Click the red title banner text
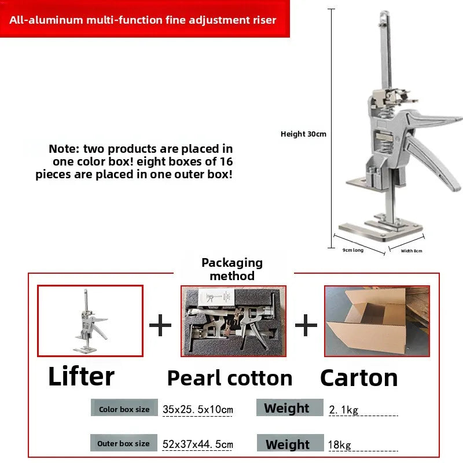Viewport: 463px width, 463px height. [142, 20]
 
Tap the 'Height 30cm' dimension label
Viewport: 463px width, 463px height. [303, 134]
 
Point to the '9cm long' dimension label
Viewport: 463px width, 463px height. [353, 250]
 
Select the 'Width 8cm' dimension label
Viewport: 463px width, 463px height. [411, 251]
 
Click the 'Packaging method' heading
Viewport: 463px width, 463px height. [232, 269]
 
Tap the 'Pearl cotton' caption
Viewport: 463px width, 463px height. [230, 379]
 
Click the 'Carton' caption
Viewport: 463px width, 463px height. [359, 378]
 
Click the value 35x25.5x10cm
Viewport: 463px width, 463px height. [197, 409]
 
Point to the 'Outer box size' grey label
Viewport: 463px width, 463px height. [124, 443]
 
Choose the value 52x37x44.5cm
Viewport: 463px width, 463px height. [197, 444]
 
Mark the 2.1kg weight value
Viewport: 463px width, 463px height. [343, 410]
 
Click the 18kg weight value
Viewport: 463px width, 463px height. [340, 444]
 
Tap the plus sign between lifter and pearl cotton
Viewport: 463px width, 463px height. [160, 325]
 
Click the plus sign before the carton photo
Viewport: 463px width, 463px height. [306, 325]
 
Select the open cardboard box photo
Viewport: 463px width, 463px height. [377, 321]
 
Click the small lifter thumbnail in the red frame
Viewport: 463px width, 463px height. [90, 321]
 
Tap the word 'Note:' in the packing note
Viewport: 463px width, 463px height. [64, 149]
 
